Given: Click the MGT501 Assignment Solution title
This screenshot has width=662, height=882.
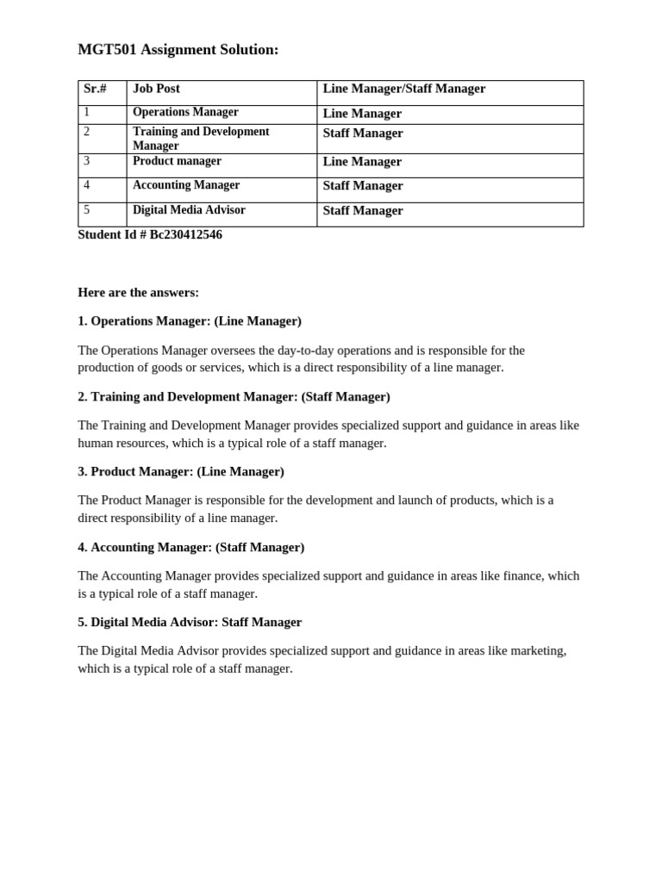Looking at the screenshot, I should click(x=178, y=50).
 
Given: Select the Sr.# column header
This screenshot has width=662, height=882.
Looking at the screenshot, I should click(x=95, y=89).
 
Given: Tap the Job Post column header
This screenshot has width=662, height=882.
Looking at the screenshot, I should click(x=156, y=89).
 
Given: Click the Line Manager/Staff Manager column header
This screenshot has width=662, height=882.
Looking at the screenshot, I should click(x=403, y=89).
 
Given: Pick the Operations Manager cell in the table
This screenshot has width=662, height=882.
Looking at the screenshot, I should click(x=185, y=112).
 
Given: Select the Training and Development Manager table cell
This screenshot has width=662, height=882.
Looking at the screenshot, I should click(x=201, y=139).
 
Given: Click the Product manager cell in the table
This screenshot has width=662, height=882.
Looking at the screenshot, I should click(x=177, y=161).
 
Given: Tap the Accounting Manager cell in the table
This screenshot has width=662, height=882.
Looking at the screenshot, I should click(x=186, y=185).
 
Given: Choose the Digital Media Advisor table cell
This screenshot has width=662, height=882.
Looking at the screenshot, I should click(x=189, y=210).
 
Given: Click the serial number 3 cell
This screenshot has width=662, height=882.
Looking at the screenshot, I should click(x=87, y=161).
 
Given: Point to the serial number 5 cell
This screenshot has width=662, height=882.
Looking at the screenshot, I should click(x=87, y=210).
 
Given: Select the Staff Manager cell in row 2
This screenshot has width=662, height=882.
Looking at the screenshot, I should click(x=363, y=134).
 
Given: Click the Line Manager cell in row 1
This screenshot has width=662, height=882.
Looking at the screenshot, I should click(x=362, y=114).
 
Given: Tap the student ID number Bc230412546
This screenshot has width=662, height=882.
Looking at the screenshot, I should click(x=186, y=235).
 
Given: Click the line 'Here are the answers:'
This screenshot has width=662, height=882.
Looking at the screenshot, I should click(x=138, y=293).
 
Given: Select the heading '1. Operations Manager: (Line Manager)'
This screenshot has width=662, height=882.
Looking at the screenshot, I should click(x=190, y=321).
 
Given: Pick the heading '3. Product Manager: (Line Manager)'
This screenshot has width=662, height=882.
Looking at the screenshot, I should click(x=181, y=472).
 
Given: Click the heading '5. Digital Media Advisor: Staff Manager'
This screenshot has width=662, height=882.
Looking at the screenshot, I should click(x=190, y=622).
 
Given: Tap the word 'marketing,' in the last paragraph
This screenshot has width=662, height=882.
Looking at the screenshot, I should click(x=539, y=650).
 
